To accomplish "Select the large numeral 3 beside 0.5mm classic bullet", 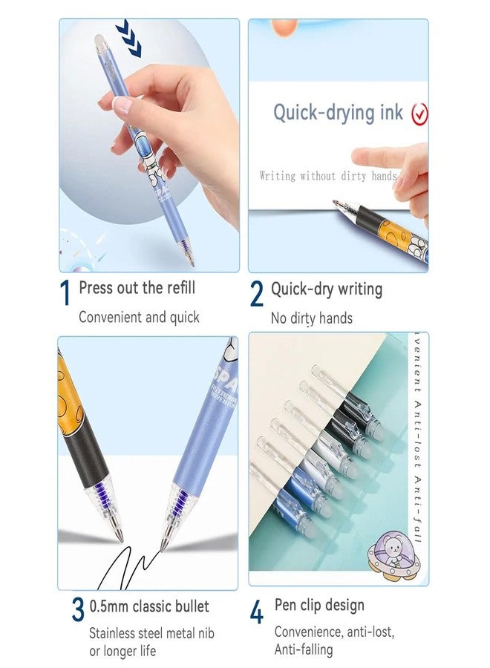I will [78, 609].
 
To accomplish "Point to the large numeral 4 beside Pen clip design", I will [256, 612].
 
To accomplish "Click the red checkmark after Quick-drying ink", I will [420, 113].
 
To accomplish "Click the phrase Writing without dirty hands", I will [327, 176].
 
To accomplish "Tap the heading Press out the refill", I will [137, 287].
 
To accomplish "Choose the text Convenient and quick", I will [139, 317].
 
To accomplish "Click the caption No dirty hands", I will [311, 318].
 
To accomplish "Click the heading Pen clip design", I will [319, 605].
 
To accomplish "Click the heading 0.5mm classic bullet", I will [149, 606].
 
